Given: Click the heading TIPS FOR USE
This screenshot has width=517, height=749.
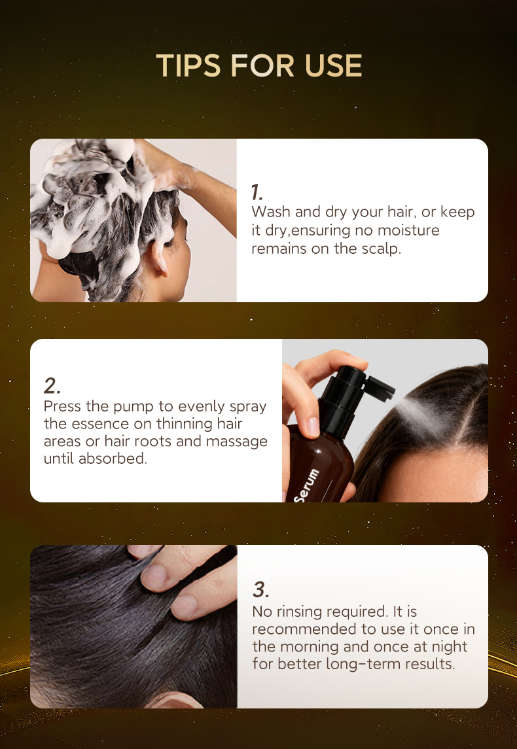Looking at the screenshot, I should pyautogui.click(x=258, y=66).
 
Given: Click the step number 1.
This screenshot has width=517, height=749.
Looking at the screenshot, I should pyautogui.click(x=257, y=192).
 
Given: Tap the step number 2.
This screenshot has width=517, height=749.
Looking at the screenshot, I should pyautogui.click(x=52, y=385).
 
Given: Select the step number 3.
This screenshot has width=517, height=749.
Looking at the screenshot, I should pyautogui.click(x=260, y=589).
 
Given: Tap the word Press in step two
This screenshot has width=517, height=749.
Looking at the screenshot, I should pyautogui.click(x=62, y=406).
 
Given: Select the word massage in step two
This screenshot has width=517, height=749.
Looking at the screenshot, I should pyautogui.click(x=237, y=442).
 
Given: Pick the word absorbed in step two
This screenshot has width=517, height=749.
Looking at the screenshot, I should pyautogui.click(x=113, y=459).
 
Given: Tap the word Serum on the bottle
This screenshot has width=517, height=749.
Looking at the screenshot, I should pyautogui.click(x=306, y=485).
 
